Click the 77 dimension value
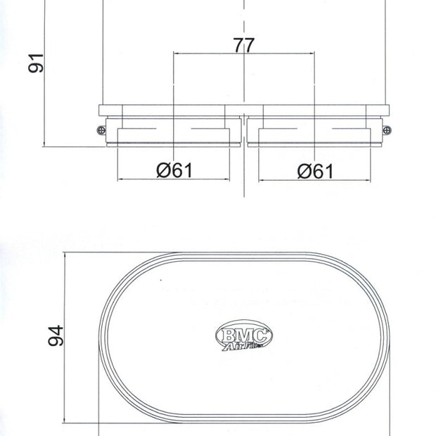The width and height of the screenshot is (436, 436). tap(244, 45)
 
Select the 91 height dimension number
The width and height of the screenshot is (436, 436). tap(36, 63)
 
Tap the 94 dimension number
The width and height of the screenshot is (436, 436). tap(56, 335)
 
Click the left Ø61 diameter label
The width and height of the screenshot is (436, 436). tap(174, 170)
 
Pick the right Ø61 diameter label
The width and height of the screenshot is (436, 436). tap(315, 172)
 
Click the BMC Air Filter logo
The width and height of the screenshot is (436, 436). tap(244, 335)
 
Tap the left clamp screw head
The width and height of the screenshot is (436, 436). tap(101, 130)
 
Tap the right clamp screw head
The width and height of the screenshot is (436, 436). tap(387, 130)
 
